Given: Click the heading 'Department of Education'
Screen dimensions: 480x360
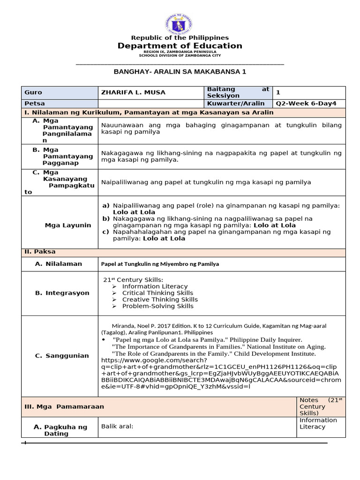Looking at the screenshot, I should [180, 45].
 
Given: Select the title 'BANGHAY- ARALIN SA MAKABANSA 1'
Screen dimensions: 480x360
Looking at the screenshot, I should [180, 72].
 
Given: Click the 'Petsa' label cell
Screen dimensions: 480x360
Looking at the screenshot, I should [35, 104].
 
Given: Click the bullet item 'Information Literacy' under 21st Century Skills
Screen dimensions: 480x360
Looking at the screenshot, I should [155, 286].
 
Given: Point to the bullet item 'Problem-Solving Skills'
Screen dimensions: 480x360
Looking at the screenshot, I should [157, 306].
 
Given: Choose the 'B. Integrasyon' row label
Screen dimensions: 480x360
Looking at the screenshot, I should [62, 293].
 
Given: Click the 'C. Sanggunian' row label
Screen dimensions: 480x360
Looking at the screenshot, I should [62, 356].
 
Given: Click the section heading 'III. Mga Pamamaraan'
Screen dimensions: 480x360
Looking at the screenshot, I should [64, 407].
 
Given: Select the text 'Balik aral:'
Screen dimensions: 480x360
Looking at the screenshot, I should [117, 426].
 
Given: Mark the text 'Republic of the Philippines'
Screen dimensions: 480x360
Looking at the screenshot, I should [180, 37].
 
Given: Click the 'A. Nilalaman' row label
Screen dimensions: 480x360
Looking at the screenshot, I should [59, 264].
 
